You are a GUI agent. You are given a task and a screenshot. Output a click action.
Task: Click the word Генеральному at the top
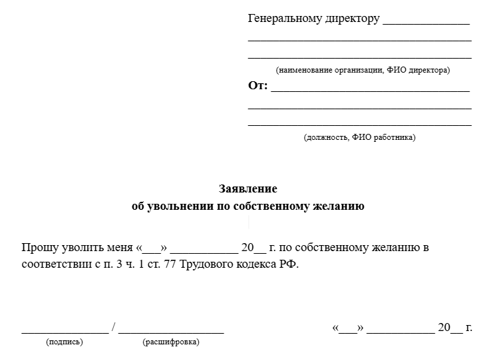281,19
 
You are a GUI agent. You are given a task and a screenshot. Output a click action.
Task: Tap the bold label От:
257,86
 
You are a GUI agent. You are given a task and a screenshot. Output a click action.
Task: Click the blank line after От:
370,90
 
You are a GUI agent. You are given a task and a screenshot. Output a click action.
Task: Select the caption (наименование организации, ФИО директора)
363,70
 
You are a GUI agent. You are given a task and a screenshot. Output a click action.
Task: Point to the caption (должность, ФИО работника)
359,137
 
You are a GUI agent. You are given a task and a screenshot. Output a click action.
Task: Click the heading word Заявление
247,188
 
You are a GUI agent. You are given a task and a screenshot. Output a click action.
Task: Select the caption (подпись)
65,342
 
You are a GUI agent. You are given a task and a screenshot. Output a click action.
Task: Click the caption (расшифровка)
170,342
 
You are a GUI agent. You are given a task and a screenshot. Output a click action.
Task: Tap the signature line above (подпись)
65,330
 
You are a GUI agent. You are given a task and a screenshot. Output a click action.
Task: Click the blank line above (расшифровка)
171,330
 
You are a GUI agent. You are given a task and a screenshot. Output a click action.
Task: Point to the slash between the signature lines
114,327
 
